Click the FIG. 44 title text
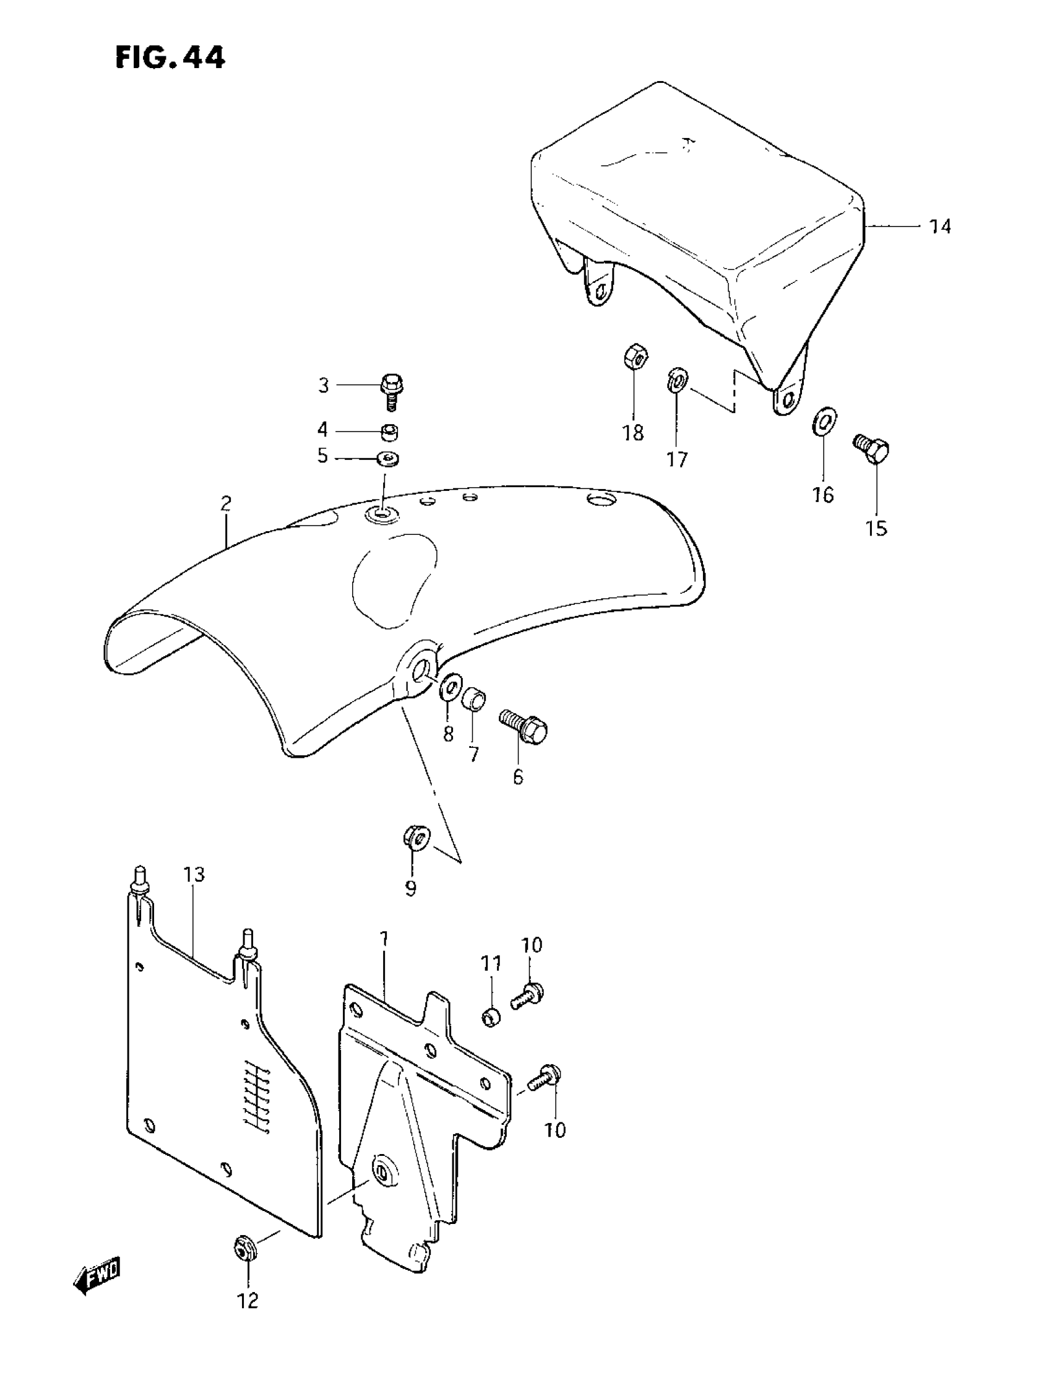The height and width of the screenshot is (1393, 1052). pyautogui.click(x=170, y=59)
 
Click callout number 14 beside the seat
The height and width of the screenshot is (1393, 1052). pyautogui.click(x=940, y=227)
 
